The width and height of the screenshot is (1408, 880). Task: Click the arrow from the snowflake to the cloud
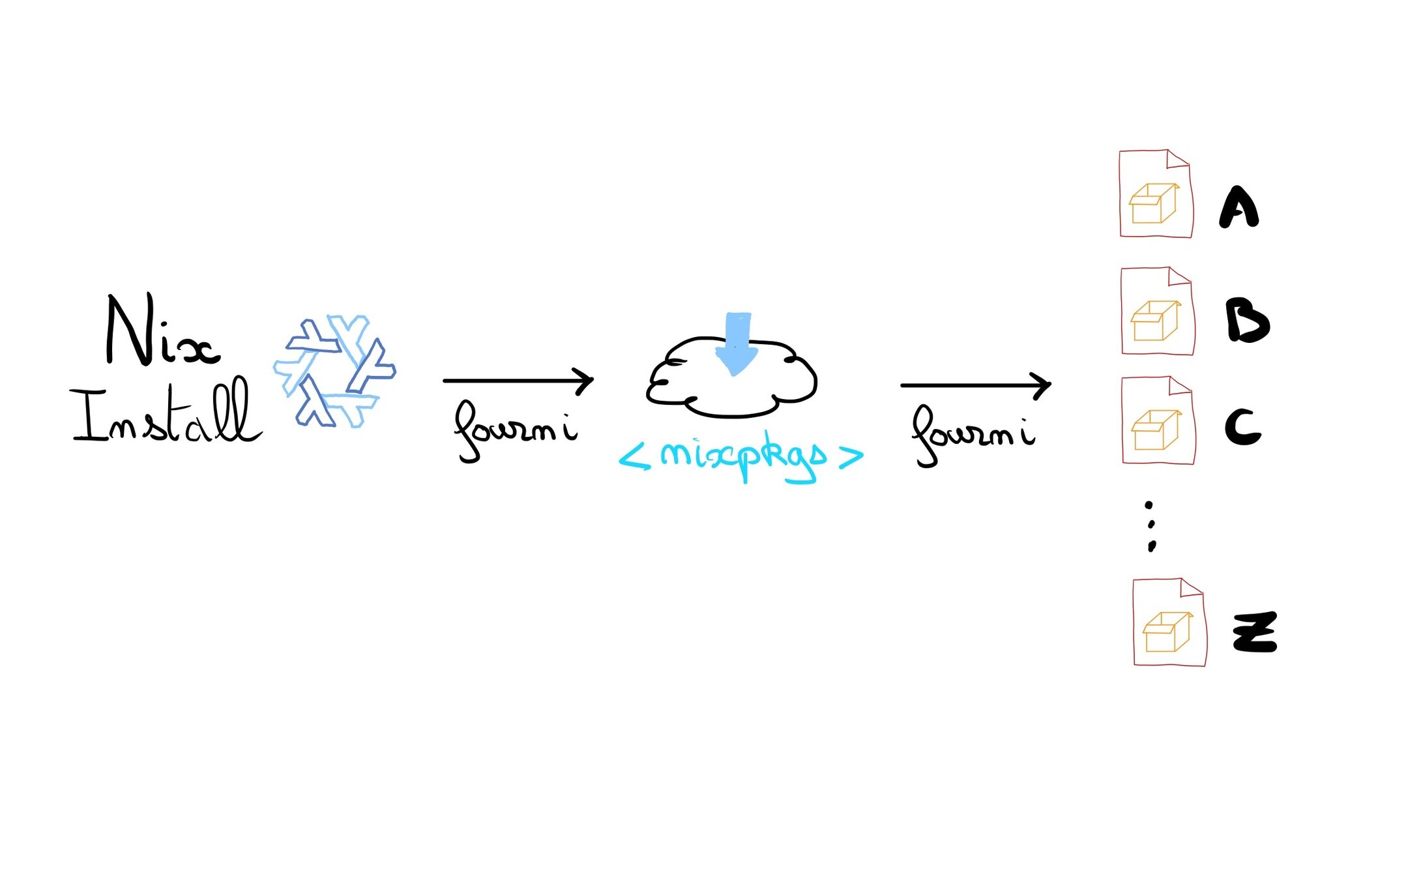click(x=518, y=380)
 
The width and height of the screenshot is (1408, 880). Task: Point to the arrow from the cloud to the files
click(x=975, y=385)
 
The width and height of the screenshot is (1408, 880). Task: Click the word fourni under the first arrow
click(x=515, y=430)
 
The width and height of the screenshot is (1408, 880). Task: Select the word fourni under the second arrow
click(x=973, y=433)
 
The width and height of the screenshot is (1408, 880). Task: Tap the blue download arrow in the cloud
click(x=737, y=343)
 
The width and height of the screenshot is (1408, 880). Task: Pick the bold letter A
click(x=1239, y=209)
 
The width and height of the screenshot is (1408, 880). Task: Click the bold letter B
click(x=1246, y=321)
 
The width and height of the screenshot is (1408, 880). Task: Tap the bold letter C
click(x=1242, y=428)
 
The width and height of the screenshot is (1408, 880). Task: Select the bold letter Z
click(x=1255, y=632)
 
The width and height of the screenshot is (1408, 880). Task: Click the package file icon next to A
click(x=1156, y=194)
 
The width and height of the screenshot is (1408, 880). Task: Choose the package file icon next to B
click(x=1158, y=312)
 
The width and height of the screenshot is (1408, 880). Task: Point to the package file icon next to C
click(x=1158, y=421)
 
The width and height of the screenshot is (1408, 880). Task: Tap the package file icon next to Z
click(x=1169, y=623)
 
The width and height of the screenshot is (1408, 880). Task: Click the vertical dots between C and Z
click(x=1151, y=525)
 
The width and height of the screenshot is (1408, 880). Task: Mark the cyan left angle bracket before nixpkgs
click(x=634, y=456)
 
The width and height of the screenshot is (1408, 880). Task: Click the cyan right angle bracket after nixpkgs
click(x=851, y=456)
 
